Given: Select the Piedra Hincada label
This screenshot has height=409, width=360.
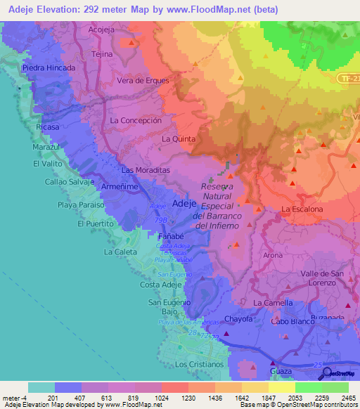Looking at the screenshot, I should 49,68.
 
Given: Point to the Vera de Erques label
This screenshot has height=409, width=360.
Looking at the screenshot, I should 143,80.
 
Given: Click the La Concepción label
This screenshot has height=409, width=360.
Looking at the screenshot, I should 136,120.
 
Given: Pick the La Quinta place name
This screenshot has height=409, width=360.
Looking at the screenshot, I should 179,139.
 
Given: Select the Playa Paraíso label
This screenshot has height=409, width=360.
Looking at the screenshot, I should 81,204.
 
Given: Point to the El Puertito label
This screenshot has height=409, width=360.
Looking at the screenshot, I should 95,223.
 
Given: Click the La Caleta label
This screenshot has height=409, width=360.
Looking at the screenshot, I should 121,251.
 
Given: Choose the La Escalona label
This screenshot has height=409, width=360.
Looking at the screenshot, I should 302,209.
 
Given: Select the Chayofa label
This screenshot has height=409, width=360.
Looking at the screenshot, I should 238,318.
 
